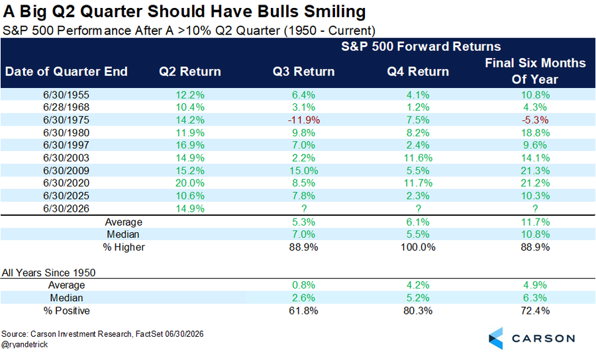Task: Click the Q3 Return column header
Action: pos(303,71)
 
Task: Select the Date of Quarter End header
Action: pos(66,71)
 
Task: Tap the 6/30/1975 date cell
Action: pos(66,120)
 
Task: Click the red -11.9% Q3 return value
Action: pos(304,120)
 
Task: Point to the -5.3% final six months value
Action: pos(535,120)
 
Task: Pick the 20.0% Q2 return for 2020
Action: pos(189,183)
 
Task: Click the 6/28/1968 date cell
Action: pos(66,107)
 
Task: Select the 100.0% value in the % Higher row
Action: pos(418,247)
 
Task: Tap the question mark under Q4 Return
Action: pos(418,208)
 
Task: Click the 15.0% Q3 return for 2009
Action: pos(304,171)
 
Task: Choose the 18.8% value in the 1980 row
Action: pos(535,133)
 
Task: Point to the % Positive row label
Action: pos(66,310)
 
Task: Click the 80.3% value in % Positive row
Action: pos(418,310)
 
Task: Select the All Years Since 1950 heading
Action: pos(48,273)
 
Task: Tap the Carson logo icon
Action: pos(495,338)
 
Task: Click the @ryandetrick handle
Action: pos(25,344)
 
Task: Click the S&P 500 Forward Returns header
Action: pos(421,46)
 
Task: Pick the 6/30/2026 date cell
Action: pos(66,208)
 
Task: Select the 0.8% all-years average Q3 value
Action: pos(304,285)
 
